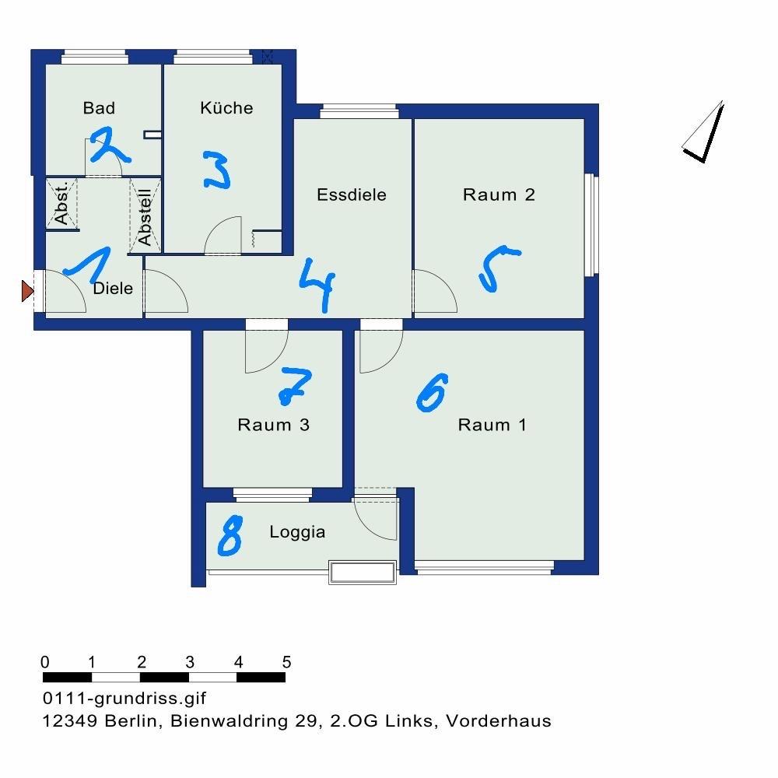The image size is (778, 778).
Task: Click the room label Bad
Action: tap(99, 107)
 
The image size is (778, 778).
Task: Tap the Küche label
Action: tap(226, 107)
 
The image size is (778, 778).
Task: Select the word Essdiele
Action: tap(352, 194)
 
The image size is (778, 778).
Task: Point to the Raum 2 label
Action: tap(499, 194)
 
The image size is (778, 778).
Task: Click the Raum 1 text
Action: tap(492, 425)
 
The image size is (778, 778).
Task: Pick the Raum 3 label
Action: tap(273, 425)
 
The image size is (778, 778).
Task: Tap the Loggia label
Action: tap(297, 532)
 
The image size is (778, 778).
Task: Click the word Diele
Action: tap(113, 289)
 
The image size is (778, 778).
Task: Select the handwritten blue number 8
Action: tap(230, 535)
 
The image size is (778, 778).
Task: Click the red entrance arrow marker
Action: tap(27, 291)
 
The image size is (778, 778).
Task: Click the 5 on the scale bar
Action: tap(286, 662)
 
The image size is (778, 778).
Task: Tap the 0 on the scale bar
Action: tap(45, 662)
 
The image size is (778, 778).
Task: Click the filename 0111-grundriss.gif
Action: tap(124, 698)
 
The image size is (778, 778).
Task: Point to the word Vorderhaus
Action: tap(499, 720)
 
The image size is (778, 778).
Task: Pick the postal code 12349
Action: tap(70, 720)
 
